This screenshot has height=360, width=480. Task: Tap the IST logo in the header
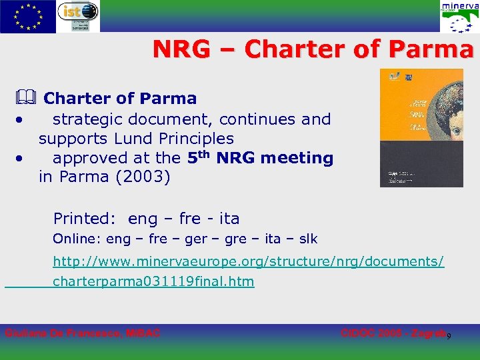pos(78,16)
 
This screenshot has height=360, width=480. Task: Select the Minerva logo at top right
pos(458,17)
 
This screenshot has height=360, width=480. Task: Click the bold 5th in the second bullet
pos(199,157)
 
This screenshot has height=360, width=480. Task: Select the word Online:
pos(77,239)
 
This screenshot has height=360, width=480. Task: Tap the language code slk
pos(307,239)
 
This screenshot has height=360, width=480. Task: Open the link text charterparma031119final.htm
pos(153,281)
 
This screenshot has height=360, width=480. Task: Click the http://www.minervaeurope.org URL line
pos(248,262)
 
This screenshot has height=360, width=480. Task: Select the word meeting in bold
pos(298,158)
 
